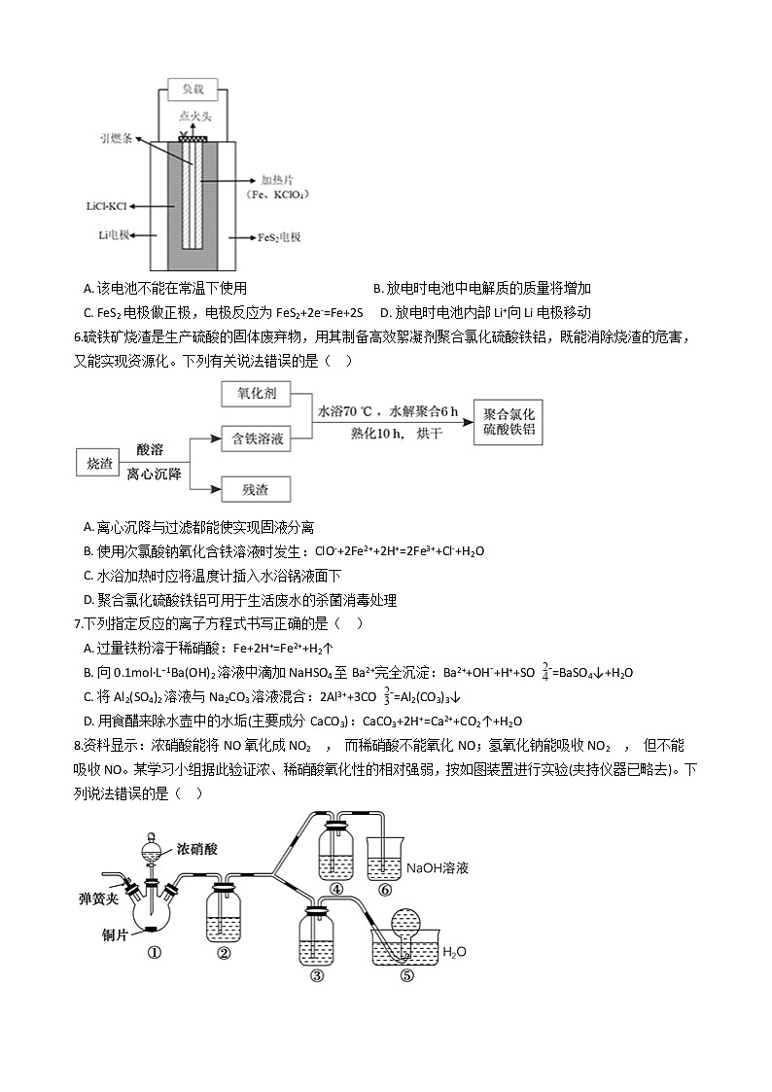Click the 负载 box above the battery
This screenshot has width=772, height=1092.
click(x=192, y=89)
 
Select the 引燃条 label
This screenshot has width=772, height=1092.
click(x=115, y=139)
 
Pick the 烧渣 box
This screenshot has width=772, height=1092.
click(x=100, y=463)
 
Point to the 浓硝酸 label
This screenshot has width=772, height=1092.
click(x=197, y=848)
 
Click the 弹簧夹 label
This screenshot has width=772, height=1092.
click(x=99, y=898)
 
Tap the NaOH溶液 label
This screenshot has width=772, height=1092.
click(x=438, y=867)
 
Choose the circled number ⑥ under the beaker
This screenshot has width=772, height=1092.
click(x=385, y=889)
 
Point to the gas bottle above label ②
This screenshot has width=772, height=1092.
click(x=224, y=914)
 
